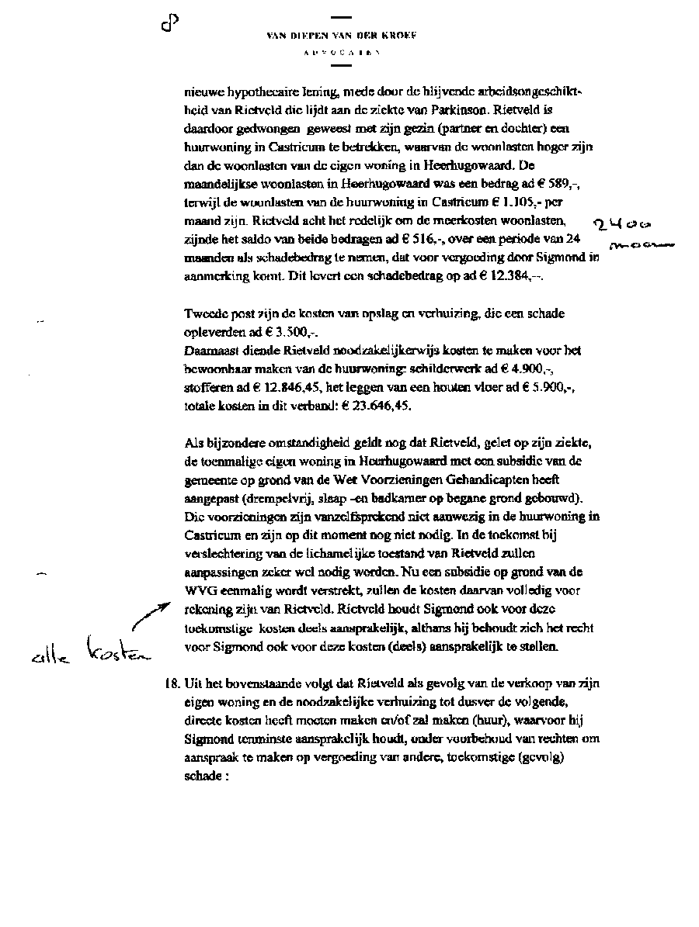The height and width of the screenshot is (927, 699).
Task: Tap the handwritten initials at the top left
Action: pos(170,25)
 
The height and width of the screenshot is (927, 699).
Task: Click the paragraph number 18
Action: pos(171,683)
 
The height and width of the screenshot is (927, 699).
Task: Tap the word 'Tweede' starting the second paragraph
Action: pos(204,313)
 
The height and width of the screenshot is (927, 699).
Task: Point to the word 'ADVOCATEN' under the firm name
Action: pos(342,54)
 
